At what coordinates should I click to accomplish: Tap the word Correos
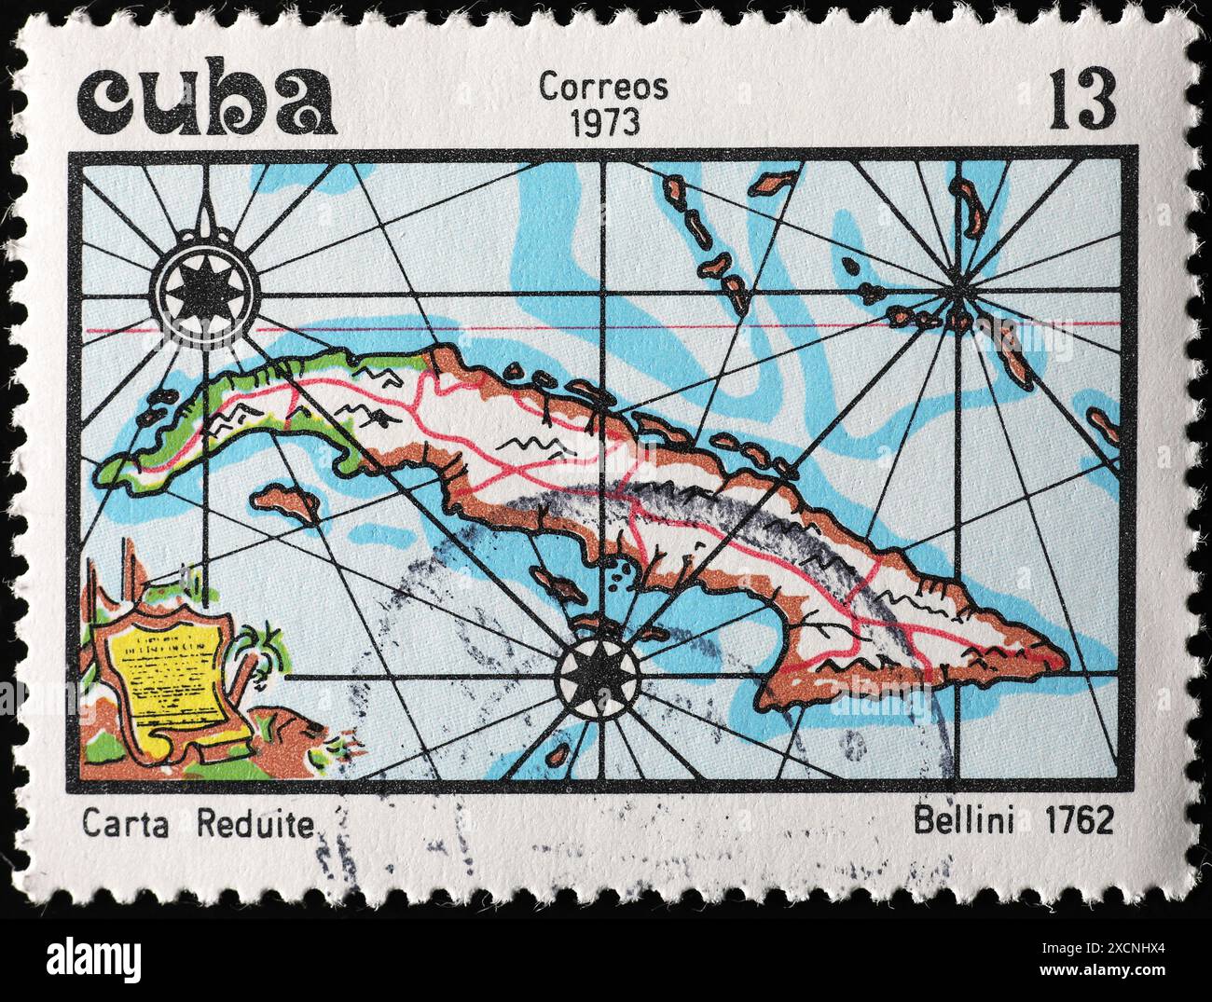603,87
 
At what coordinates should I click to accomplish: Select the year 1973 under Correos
603,122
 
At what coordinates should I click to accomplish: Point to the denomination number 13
1082,101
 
